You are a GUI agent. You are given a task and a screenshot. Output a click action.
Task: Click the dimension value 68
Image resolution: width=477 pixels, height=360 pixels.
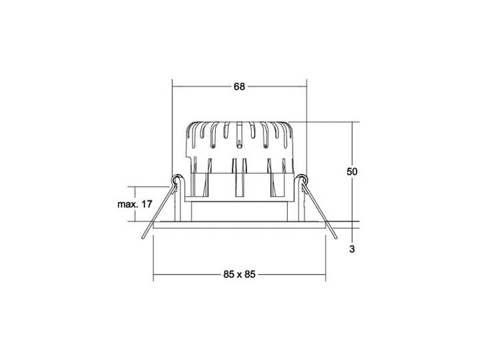(x=239, y=87)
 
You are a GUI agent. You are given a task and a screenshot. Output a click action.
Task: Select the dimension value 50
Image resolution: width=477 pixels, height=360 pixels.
(x=352, y=171)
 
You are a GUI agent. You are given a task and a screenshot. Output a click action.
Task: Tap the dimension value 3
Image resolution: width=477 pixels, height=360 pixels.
(x=352, y=249)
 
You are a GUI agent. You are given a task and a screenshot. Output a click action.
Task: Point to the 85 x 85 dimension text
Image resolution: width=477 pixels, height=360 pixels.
(x=239, y=275)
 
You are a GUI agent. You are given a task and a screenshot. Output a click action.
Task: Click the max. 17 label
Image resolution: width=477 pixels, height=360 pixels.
(x=135, y=204)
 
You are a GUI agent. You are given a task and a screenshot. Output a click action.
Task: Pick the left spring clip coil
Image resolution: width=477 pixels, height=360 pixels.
(x=176, y=179)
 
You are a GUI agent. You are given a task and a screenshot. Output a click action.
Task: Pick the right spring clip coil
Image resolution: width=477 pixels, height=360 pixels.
(x=302, y=179)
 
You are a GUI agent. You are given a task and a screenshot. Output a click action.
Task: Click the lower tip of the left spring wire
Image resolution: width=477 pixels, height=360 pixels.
(x=143, y=238)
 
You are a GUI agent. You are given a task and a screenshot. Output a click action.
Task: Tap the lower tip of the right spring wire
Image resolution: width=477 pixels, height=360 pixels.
(x=336, y=237)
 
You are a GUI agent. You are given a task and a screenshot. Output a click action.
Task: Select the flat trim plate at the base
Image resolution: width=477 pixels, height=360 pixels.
(x=239, y=225)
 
